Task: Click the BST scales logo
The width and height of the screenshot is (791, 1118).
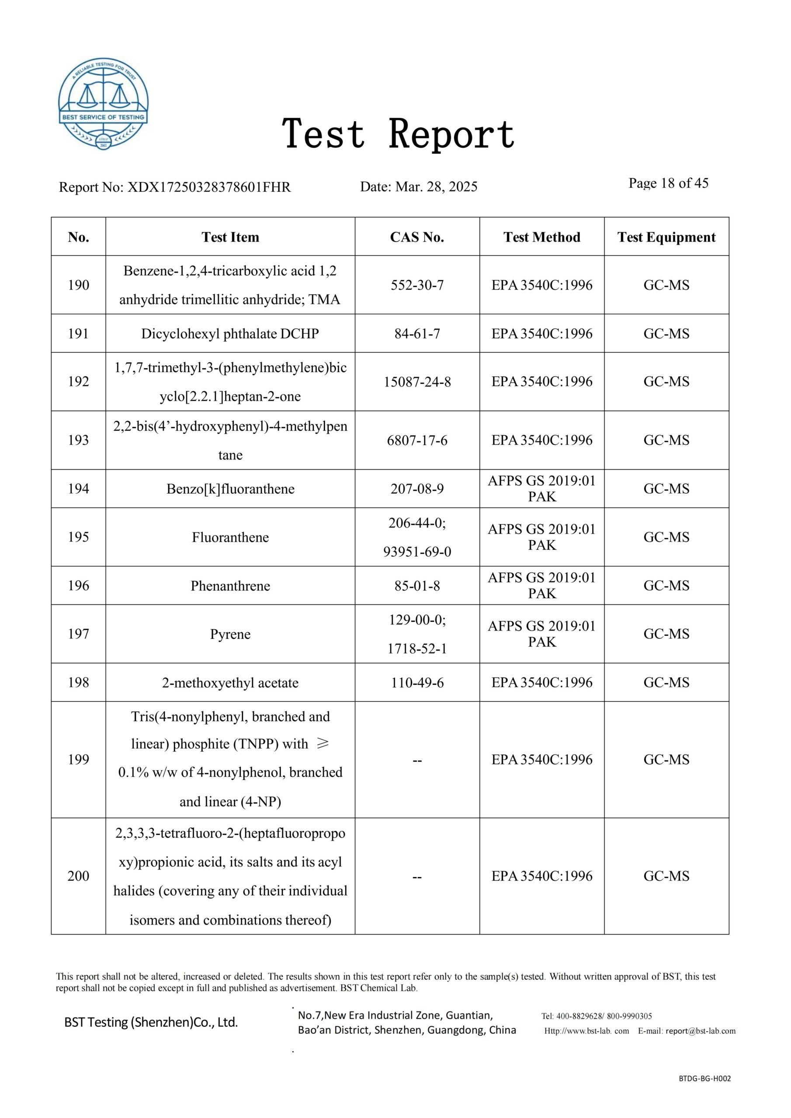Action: pos(103,104)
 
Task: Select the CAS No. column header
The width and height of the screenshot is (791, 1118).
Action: pos(417,237)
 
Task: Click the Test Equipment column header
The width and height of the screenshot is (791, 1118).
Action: pos(666,237)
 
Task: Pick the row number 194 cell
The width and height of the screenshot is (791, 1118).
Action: pos(79,488)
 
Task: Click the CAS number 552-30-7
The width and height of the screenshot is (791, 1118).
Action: pos(417,285)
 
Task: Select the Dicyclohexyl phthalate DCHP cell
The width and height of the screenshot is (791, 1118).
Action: pos(230,334)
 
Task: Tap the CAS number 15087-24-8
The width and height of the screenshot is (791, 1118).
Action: pos(417,382)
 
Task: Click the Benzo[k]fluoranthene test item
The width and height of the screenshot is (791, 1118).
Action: pos(230,489)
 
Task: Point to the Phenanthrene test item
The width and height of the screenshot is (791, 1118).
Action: pos(230,586)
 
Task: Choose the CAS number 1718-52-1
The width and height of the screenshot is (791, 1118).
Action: pos(417,649)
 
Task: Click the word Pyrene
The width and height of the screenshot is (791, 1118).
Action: pos(230,634)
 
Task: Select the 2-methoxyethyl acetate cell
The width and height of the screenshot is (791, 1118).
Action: pos(230,683)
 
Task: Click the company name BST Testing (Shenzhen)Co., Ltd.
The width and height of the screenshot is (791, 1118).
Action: pos(151,1022)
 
